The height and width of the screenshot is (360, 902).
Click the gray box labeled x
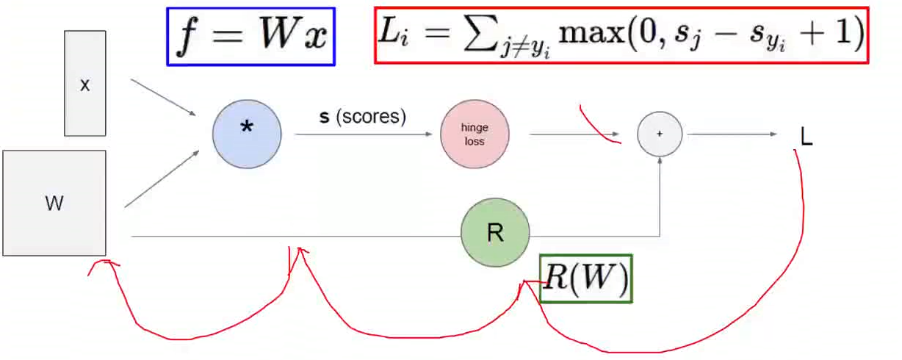coord(85,84)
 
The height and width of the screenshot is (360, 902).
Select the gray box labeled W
coord(54,204)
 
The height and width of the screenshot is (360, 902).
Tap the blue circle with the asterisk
coord(247,134)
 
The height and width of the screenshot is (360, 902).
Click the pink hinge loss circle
coord(475,134)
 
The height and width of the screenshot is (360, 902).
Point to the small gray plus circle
coord(660,134)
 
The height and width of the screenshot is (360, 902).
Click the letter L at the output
coord(807,137)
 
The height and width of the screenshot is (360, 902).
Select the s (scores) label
coord(362,118)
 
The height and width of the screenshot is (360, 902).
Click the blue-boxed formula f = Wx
coord(251,37)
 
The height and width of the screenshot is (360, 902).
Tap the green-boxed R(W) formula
coord(586,278)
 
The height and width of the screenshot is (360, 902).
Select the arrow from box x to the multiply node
coord(163,97)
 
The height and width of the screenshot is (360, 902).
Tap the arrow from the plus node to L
coord(732,134)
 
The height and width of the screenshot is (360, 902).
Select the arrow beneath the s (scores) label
coord(362,134)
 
